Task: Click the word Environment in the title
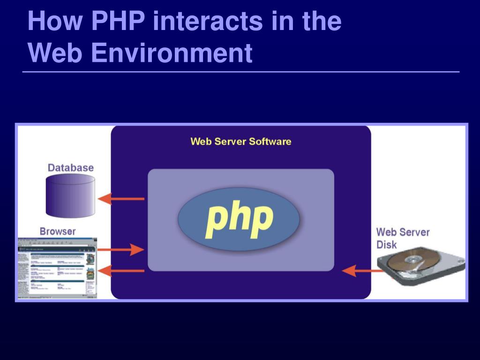(172, 53)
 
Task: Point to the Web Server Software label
(240, 142)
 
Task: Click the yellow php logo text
(239, 219)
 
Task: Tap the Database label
(70, 167)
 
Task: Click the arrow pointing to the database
(121, 198)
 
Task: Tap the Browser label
(58, 231)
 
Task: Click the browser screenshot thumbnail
(57, 268)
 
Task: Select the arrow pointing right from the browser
(121, 249)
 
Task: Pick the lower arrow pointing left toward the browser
(121, 270)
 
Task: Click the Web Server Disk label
(403, 238)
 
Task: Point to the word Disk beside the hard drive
(386, 244)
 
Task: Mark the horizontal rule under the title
(241, 72)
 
